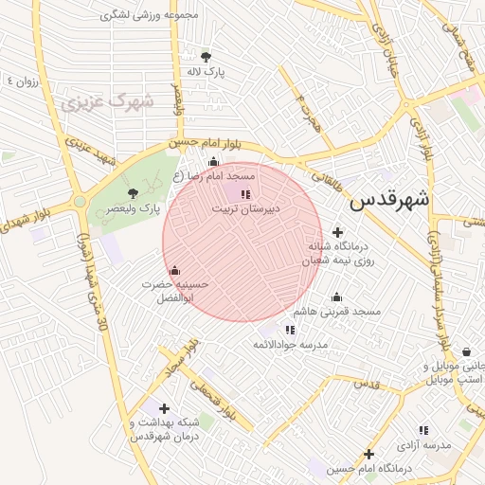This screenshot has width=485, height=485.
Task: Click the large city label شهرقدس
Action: [389, 200]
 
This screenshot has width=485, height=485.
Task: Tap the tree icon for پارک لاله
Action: [206, 56]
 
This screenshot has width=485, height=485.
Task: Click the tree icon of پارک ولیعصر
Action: [132, 193]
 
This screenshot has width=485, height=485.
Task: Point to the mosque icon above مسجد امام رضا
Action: [213, 161]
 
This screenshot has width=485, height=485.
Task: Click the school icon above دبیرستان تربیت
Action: [244, 193]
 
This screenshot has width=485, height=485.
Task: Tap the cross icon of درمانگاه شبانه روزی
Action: [338, 233]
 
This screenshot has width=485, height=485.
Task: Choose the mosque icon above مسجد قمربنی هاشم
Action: [336, 297]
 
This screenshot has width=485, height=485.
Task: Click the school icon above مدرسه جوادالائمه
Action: [290, 330]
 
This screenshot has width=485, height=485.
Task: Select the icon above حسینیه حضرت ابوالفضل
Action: [173, 270]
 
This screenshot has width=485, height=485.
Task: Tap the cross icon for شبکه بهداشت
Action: [165, 408]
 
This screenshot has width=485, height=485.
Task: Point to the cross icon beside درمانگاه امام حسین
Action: [369, 455]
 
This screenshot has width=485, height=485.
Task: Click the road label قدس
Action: [366, 385]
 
